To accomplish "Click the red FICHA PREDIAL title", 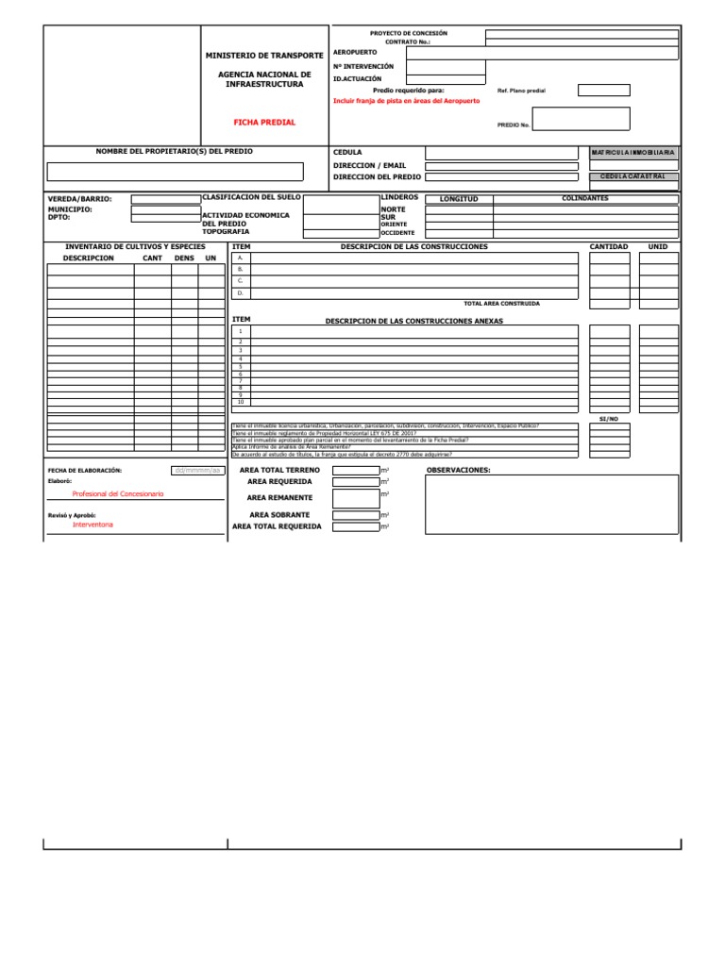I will [264, 123].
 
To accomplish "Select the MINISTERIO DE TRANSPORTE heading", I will [264, 56].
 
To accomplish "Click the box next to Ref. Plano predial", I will [603, 91].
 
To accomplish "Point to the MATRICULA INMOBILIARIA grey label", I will [632, 152].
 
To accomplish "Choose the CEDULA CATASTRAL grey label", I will [632, 176].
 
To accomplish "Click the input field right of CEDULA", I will [501, 153].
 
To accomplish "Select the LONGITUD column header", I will [460, 199].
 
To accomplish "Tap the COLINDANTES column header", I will [585, 198].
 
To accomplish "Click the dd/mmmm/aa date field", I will [197, 470].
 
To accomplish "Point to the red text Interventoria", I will [93, 525].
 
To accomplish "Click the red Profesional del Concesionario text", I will [118, 494].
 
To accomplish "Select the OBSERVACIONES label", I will [459, 470].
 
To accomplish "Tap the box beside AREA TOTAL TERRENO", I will [356, 470].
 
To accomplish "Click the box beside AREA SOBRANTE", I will [356, 515].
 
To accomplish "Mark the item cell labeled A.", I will [241, 258].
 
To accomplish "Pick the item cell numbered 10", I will [241, 402].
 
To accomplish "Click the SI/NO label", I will [609, 418].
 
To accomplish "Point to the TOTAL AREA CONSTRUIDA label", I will [502, 304].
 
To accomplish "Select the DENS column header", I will [184, 258].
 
